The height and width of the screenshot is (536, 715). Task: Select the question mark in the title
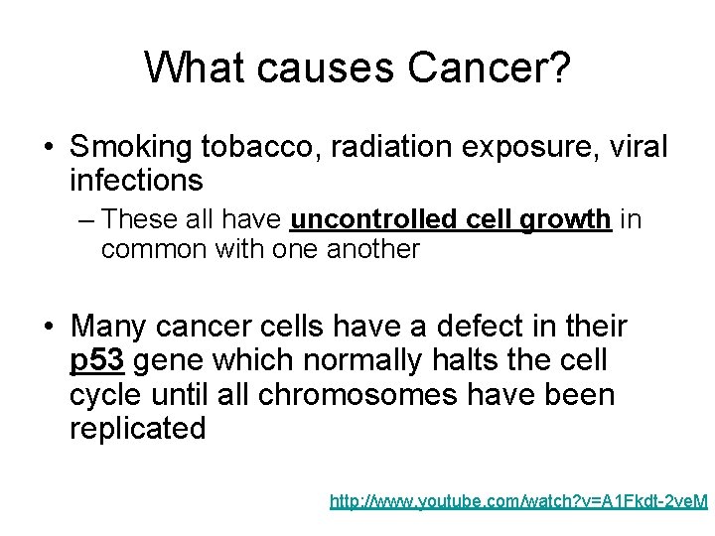558,67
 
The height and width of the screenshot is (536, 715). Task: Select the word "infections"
136,181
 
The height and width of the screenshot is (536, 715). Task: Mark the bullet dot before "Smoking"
49,149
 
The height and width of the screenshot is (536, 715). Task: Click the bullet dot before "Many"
49,327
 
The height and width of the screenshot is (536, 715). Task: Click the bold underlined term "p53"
96,360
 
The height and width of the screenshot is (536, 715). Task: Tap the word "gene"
163,361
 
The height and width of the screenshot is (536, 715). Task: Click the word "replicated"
137,429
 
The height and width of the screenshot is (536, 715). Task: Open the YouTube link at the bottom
518,503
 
